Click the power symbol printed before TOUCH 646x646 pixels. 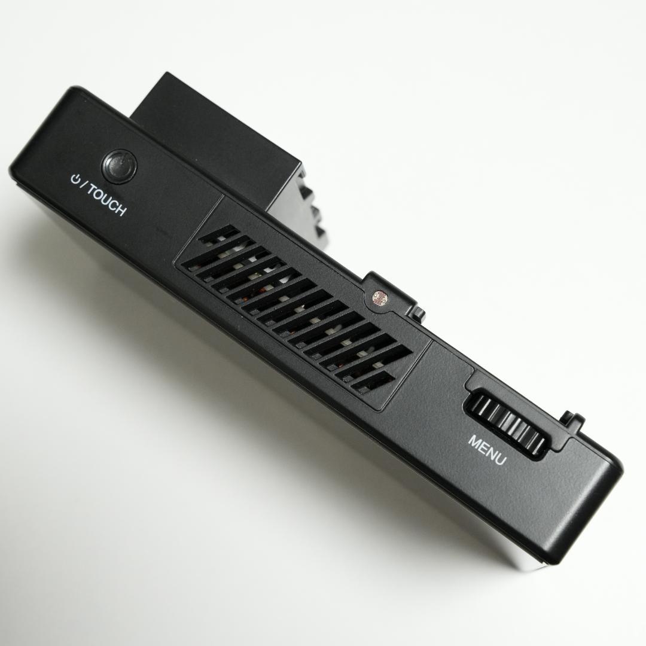pos(75,179)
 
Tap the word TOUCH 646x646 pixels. pos(106,200)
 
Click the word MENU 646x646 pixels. pos(486,450)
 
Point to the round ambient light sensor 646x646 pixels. pos(379,297)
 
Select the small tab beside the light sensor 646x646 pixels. pos(419,312)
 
